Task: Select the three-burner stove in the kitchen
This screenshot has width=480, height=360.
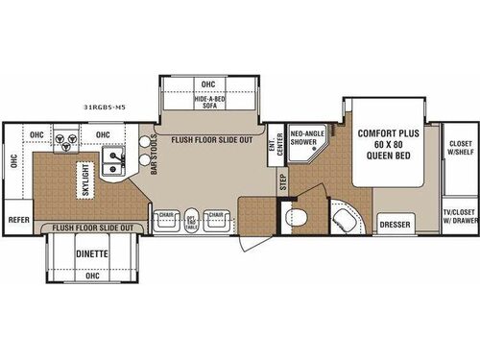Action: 66,143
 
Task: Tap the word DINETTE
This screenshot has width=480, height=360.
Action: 91,254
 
